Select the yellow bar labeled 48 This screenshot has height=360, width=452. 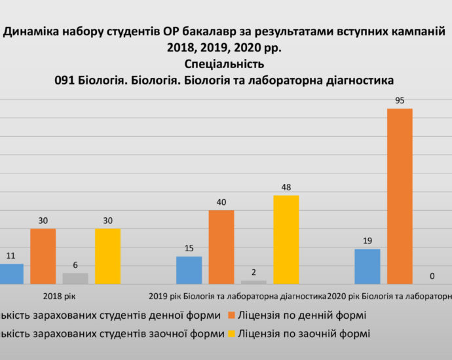(286, 240)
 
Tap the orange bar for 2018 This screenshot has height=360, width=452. (43, 256)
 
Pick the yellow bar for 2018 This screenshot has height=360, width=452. (107, 256)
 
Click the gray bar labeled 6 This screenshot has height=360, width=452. (75, 278)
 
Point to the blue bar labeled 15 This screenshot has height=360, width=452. (189, 270)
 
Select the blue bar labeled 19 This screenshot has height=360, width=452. (367, 266)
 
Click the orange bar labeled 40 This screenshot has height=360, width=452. (221, 247)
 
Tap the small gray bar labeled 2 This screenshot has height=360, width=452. (254, 282)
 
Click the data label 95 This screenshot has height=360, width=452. (399, 100)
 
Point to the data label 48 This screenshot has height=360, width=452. (286, 187)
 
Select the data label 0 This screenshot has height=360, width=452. (432, 276)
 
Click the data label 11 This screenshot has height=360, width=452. (11, 256)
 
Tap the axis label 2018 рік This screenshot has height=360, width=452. (60, 296)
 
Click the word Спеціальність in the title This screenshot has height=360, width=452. (225, 64)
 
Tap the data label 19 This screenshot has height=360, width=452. (367, 241)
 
